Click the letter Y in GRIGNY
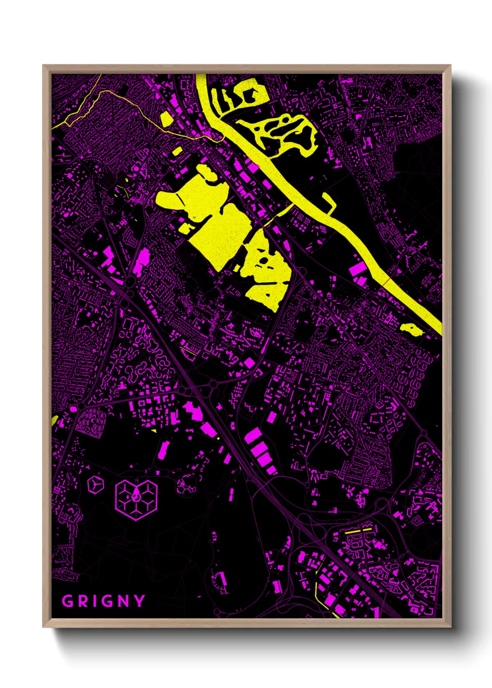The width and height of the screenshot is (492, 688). coord(138,601)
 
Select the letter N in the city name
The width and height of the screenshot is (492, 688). coord(120,601)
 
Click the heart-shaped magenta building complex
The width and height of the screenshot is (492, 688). coord(136,499)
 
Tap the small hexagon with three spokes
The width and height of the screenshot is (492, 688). coord(95,484)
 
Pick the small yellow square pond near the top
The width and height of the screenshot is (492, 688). coord(167,119)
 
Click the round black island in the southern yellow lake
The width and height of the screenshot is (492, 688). coord(264,260)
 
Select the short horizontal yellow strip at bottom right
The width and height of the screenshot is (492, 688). coord(359,530)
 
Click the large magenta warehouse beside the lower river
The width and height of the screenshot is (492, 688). coord(358,269)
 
